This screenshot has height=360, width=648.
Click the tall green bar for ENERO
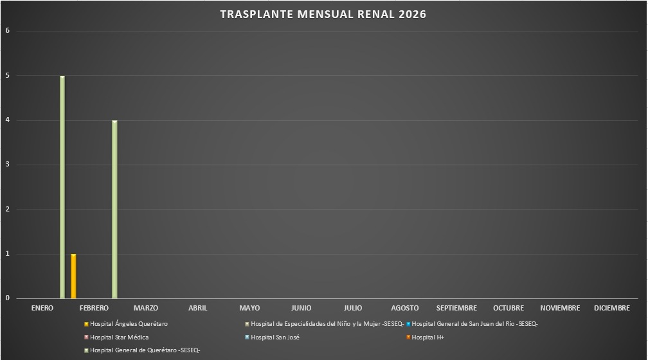(x=62, y=186)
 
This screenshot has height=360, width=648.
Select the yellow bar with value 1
(x=73, y=276)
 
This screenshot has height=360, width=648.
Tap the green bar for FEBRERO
(x=114, y=209)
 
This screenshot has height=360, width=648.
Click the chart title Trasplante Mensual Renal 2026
(x=323, y=14)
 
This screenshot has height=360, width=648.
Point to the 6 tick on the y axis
(x=7, y=31)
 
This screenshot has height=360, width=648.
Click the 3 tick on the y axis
(x=7, y=165)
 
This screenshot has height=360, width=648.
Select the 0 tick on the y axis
(x=7, y=298)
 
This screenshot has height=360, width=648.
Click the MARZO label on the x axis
(x=146, y=309)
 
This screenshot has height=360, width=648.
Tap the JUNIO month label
(x=301, y=309)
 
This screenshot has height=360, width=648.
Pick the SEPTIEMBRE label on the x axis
(x=456, y=309)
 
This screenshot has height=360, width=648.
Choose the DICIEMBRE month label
(x=611, y=309)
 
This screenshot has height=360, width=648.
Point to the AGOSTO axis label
(x=405, y=309)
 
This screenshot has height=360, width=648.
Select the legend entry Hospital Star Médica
(x=119, y=337)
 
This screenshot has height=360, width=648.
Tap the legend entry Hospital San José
(x=274, y=337)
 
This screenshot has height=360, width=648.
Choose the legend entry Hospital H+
(x=428, y=337)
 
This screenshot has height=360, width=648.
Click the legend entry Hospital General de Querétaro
(x=145, y=350)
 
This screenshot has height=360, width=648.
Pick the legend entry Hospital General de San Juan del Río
(x=474, y=324)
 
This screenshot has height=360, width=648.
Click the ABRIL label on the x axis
(x=198, y=309)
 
